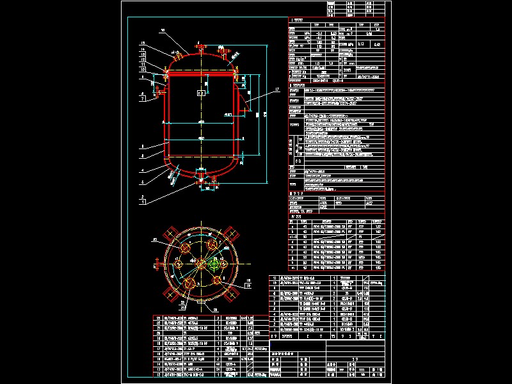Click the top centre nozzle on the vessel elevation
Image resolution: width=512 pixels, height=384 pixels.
coord(198,47)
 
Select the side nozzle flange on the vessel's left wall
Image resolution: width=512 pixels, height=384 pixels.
coord(156,92)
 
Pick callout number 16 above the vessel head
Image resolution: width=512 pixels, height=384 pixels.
coord(163,30)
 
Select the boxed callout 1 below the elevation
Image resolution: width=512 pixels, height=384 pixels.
coord(143,202)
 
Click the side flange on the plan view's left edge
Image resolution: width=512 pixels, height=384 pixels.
coord(158,263)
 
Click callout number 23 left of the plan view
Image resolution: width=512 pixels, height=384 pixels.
coord(154,239)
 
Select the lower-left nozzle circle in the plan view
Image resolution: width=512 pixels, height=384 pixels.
coord(190,282)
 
